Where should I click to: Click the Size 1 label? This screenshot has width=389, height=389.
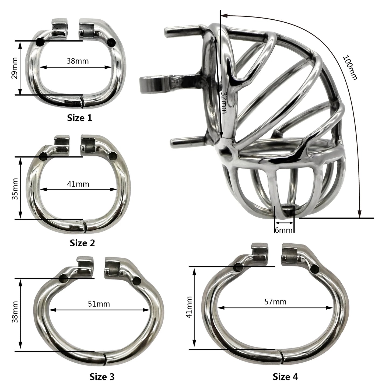coord(79,118)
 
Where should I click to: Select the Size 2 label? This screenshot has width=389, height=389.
coord(82,243)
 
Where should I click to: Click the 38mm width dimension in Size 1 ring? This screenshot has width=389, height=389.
coord(78,61)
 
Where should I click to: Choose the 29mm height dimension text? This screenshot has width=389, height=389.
coord(15,68)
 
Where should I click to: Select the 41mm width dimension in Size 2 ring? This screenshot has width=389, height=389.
coord(78,184)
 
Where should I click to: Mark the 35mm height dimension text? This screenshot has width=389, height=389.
coord(15,189)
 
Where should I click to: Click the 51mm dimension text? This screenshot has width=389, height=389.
coord(99,304)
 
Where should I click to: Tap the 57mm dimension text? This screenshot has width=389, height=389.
coord(275,302)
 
